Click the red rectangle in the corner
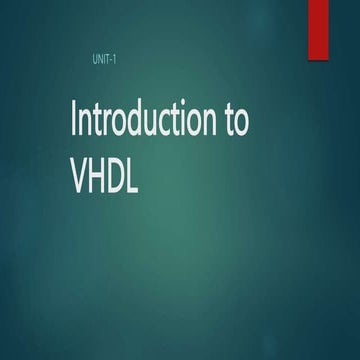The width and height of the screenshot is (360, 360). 320,27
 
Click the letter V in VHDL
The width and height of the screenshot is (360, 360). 81,171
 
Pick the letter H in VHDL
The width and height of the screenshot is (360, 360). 102,171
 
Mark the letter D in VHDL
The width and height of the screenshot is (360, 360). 125,171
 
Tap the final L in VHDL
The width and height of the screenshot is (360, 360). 143,171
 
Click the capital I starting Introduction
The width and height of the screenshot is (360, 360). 73,120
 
